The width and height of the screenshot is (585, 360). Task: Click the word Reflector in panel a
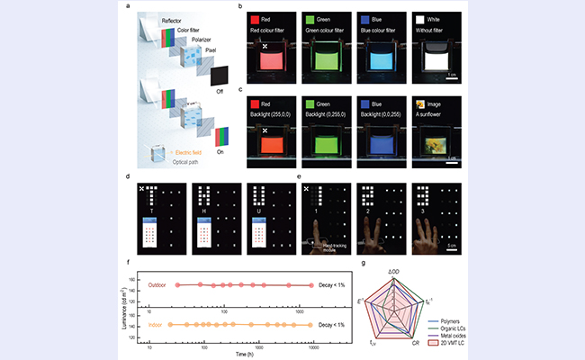175,20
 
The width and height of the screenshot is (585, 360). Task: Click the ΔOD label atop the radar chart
394,270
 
